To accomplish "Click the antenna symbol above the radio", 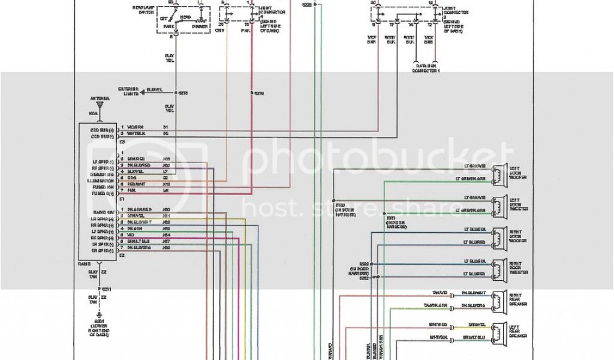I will coord(101,109).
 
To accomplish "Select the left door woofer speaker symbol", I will coord(498,173).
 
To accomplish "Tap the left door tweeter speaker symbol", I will coord(498,205).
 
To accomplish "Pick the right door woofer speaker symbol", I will coord(498,236).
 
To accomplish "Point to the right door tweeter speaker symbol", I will coord(498,268).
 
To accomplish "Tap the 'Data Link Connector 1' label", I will coord(426,68).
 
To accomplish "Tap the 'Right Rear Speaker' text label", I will coord(517,299).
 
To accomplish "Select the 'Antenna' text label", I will coord(100,98).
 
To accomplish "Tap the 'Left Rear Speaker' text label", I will coord(517,331).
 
